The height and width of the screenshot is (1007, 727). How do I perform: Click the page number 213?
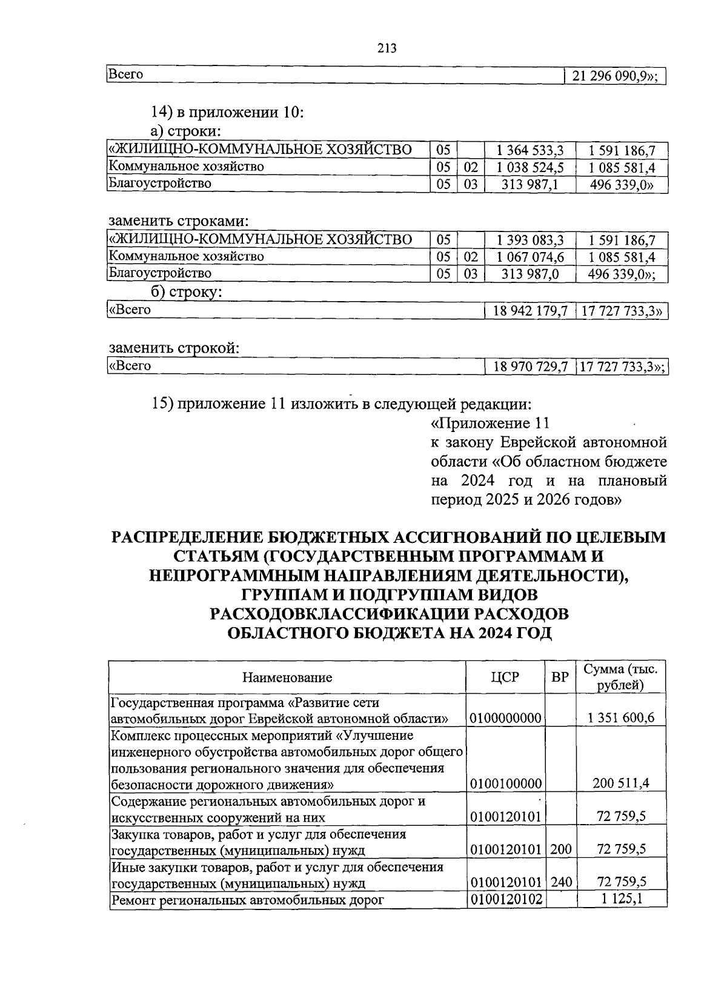point(386,48)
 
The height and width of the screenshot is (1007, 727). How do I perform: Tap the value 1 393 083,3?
point(530,240)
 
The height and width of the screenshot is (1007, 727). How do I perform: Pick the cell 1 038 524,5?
point(530,167)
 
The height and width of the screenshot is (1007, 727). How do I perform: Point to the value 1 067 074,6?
point(530,257)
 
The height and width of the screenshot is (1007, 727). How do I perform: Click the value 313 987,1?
point(530,184)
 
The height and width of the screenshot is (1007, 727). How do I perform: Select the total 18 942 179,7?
point(530,311)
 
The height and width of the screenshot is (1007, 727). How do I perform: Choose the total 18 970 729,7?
point(530,367)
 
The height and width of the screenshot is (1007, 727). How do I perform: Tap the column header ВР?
point(560,677)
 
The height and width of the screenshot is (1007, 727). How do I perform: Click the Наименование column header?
point(287,677)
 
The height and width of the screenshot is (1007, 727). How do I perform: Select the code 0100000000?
point(505,719)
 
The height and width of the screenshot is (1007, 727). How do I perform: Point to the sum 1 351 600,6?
point(621,719)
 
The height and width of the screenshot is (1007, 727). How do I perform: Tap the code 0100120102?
point(505,899)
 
